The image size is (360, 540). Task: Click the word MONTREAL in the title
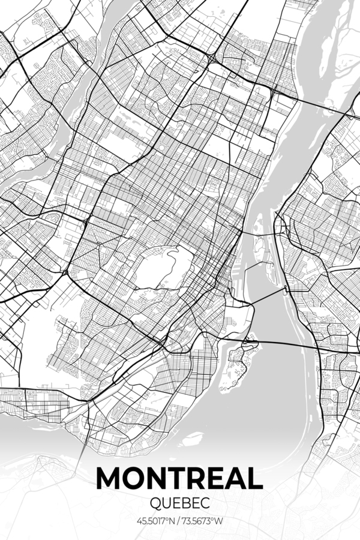(179, 478)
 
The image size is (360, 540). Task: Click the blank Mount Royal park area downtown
(162, 267)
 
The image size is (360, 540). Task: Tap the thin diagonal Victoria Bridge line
(264, 296)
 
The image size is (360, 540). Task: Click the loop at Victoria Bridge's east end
(286, 290)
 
